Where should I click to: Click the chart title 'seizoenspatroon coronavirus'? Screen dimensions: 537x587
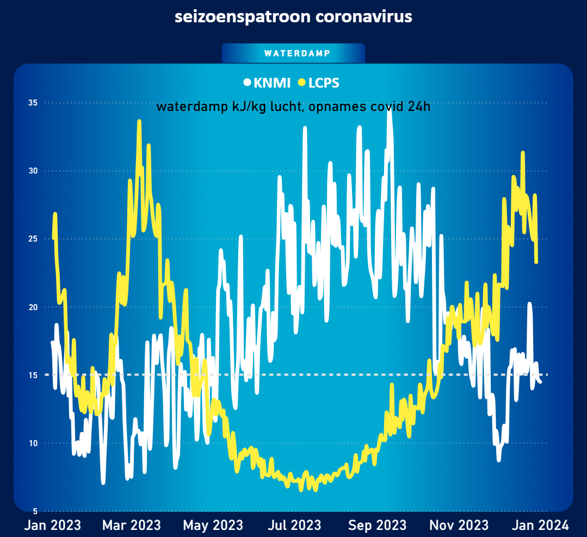click(x=293, y=17)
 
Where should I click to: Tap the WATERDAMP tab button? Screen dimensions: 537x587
click(x=293, y=53)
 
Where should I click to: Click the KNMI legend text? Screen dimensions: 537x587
click(x=271, y=83)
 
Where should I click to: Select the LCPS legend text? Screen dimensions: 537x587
click(x=324, y=83)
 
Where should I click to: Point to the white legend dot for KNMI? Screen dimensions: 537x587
click(x=247, y=83)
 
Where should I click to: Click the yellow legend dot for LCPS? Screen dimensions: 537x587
click(x=302, y=83)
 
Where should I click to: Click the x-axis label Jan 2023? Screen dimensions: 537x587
click(x=53, y=525)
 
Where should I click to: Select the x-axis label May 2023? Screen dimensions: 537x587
click(x=213, y=525)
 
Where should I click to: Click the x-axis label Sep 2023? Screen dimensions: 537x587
click(x=377, y=525)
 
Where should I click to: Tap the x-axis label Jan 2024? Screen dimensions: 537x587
click(x=541, y=525)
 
